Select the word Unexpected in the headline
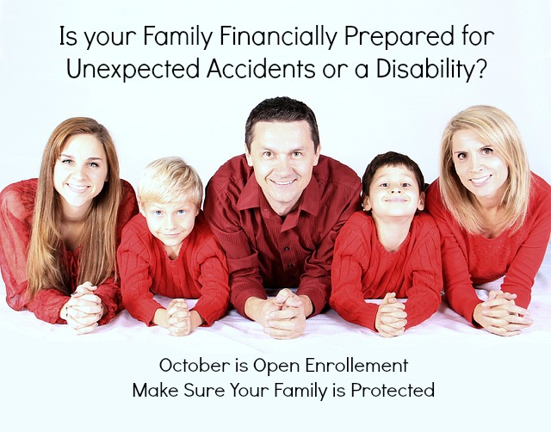point(133,68)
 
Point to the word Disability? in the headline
point(431,68)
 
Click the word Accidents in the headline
point(261,68)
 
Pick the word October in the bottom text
point(195,365)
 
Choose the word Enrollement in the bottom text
point(356,365)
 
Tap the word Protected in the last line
point(393,390)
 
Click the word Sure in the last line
point(204,390)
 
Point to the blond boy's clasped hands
point(178,317)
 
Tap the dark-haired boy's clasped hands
point(391,314)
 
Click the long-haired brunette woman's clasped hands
point(83,307)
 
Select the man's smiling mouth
point(283,182)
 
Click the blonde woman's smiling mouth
point(480,180)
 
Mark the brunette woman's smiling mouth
point(78,188)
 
